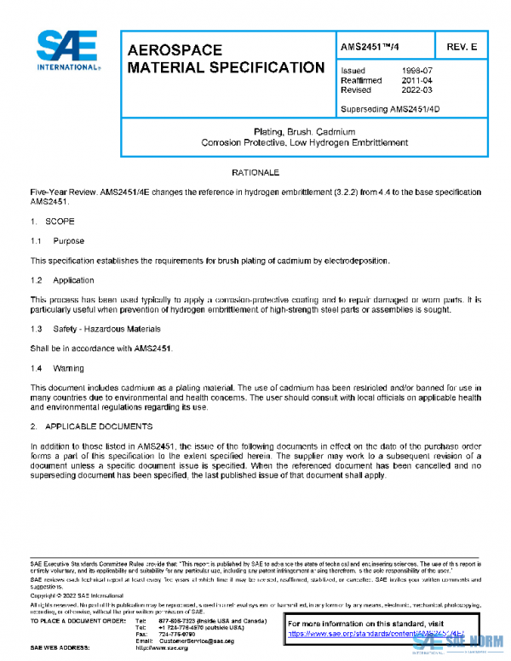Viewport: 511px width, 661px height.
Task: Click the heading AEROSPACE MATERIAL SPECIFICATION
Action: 225,59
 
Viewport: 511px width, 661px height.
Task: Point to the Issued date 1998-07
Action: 416,71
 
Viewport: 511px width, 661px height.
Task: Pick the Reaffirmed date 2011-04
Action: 416,80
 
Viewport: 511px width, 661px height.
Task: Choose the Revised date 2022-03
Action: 416,89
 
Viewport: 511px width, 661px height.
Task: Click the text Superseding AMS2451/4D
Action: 390,109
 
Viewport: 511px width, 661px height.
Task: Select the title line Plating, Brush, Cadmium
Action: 298,132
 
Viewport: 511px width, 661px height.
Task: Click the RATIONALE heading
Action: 255,173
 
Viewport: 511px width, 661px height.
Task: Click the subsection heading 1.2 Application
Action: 62,280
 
